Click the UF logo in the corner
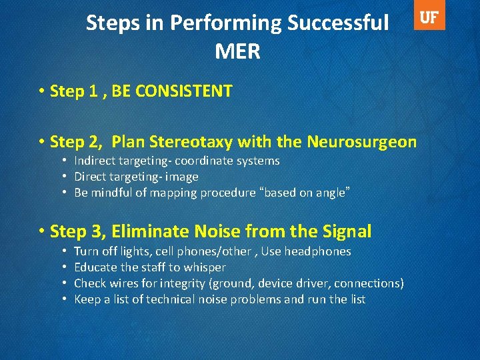tap(430, 18)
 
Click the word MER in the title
tap(237, 51)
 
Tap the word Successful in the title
tap(338, 23)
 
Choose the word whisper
tap(204, 267)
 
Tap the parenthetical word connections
tap(370, 283)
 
